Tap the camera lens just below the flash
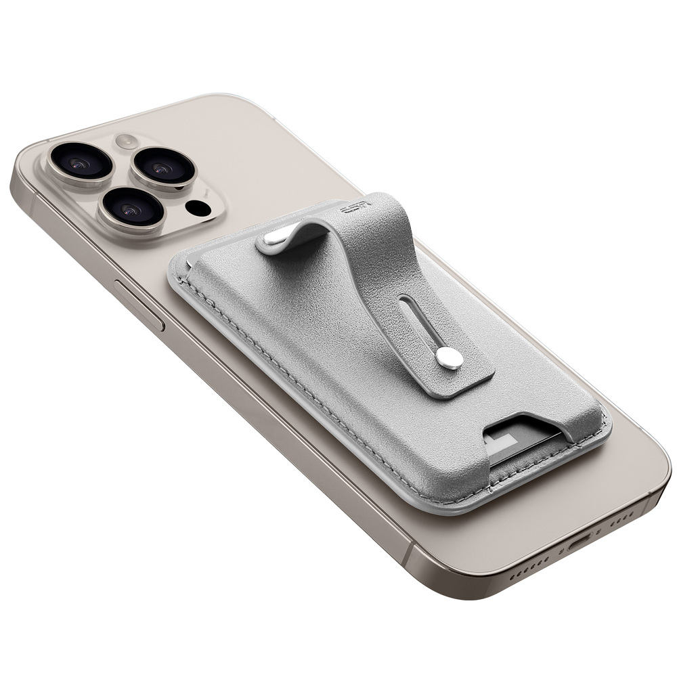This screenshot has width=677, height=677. point(162,168)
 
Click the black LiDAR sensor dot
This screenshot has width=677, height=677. point(198,208)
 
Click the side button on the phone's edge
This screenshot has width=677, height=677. point(139,305)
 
